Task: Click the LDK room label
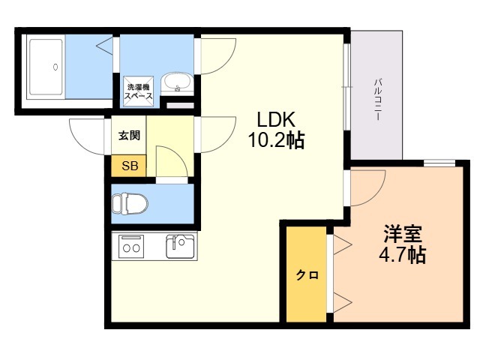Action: (x=276, y=120)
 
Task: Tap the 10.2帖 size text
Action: (x=276, y=140)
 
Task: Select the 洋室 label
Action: (x=403, y=234)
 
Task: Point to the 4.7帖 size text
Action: (x=403, y=255)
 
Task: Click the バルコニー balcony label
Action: (x=377, y=100)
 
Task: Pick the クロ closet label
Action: (x=307, y=275)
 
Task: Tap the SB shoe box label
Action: (x=130, y=166)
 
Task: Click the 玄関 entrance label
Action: (x=130, y=135)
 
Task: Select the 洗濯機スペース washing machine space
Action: (x=138, y=91)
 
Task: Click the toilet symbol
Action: (x=130, y=203)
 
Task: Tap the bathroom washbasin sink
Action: (x=177, y=82)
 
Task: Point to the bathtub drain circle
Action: (x=55, y=67)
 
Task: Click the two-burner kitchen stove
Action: (x=132, y=246)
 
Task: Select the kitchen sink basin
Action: (x=180, y=246)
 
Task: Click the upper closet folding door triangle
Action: (x=342, y=244)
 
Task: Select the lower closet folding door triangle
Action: (x=342, y=302)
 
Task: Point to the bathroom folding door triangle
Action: (x=104, y=46)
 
